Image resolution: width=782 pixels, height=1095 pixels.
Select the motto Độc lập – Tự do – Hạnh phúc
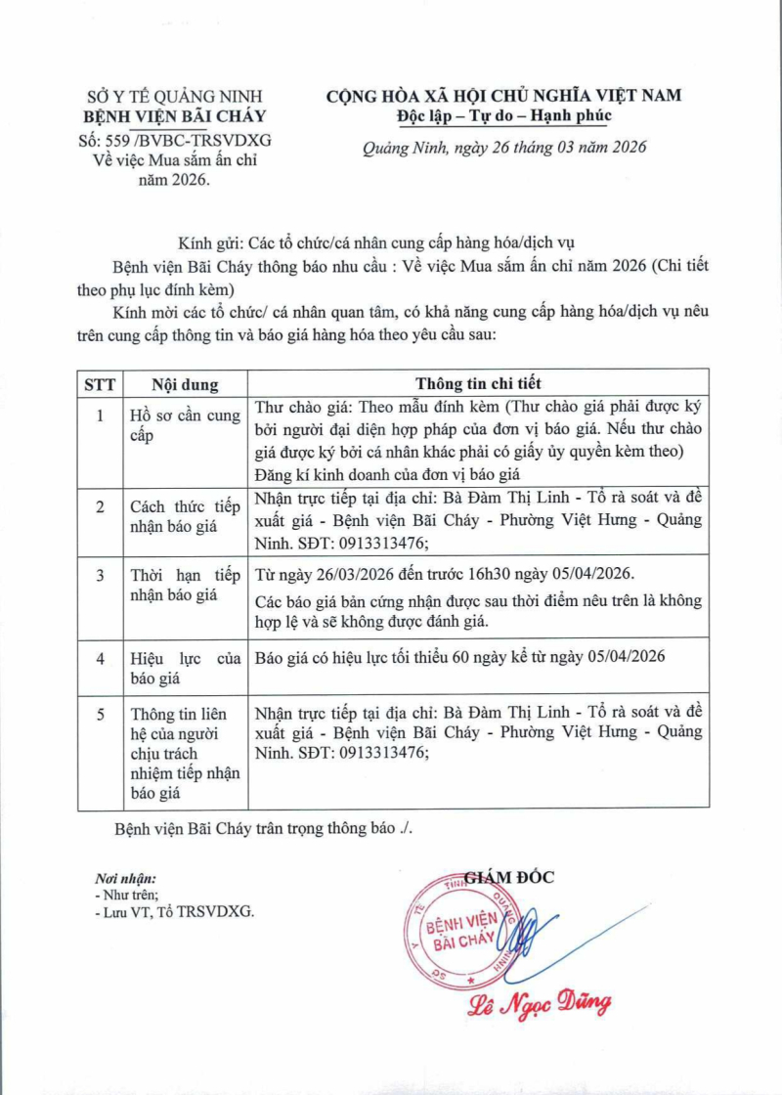503,116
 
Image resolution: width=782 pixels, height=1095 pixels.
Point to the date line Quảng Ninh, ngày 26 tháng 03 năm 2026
504,148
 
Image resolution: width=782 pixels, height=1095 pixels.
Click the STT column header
99,383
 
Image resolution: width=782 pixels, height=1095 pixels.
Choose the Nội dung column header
185,383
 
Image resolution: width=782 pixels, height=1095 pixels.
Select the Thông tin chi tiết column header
478,383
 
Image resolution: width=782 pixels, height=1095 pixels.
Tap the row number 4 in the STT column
99,658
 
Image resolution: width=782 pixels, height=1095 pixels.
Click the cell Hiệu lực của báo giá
185,667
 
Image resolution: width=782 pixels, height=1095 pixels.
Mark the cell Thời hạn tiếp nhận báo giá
185,584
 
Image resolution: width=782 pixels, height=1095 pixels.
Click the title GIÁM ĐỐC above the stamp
508,877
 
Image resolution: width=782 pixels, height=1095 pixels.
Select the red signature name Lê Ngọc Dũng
540,1003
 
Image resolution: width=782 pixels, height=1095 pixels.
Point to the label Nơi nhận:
125,878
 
